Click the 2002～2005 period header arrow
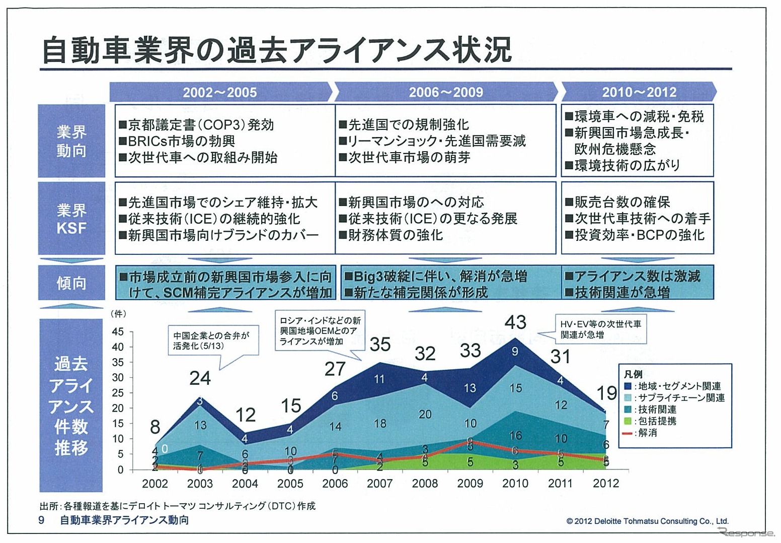[x=220, y=92]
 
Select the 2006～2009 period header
[x=446, y=92]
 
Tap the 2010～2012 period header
[x=639, y=92]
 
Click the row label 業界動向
[x=71, y=141]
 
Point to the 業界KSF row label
[x=71, y=219]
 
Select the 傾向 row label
[x=71, y=283]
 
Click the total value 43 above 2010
[x=515, y=322]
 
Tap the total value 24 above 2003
[x=200, y=378]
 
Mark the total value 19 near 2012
[x=607, y=393]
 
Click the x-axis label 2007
[x=380, y=484]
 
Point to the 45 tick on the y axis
[x=117, y=332]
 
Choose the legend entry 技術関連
[x=656, y=410]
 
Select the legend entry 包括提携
[x=656, y=421]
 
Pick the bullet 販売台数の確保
[x=618, y=202]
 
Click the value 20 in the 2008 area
[x=425, y=414]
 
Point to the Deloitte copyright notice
[x=647, y=521]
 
